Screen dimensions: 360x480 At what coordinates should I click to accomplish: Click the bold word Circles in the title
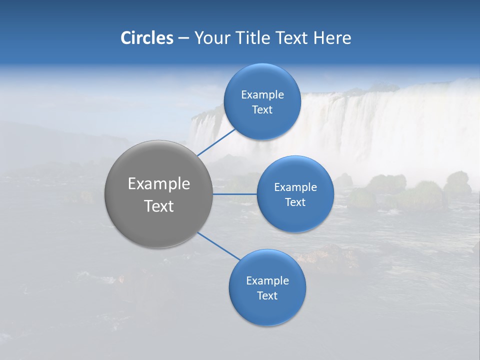(x=147, y=38)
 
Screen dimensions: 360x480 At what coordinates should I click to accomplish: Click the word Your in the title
(x=212, y=38)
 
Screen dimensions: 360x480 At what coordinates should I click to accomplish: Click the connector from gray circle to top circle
(x=216, y=142)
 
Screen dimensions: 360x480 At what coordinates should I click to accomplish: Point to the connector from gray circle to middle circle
(x=235, y=193)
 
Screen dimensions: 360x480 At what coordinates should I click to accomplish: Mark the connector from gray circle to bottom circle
(x=218, y=245)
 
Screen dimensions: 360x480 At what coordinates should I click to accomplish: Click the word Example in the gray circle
(x=159, y=184)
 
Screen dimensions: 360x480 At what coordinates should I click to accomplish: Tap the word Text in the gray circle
(x=159, y=206)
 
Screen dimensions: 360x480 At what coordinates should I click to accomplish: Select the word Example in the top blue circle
(x=262, y=94)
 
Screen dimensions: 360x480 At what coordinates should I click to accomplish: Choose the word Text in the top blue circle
(x=262, y=109)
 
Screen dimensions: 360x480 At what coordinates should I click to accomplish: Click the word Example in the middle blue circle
(x=295, y=187)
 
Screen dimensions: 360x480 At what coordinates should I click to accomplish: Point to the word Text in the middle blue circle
(x=295, y=202)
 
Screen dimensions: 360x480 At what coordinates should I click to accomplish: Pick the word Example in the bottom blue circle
(x=267, y=280)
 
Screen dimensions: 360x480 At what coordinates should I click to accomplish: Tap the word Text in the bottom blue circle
(x=267, y=295)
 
